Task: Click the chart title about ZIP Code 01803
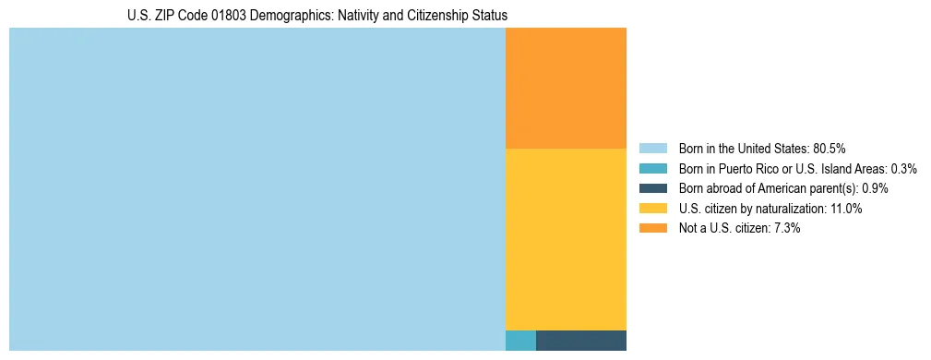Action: click(x=316, y=16)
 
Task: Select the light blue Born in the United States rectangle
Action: click(x=257, y=189)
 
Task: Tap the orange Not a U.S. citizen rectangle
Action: click(x=566, y=88)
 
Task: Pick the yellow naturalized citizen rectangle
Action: click(x=566, y=238)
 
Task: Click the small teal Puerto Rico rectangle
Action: click(x=520, y=340)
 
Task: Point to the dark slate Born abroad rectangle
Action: click(x=580, y=340)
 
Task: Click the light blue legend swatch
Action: click(x=652, y=148)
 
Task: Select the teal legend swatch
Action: click(x=652, y=168)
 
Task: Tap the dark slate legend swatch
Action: click(x=652, y=188)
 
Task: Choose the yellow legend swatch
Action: click(x=652, y=209)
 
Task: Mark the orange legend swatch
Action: click(x=652, y=229)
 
